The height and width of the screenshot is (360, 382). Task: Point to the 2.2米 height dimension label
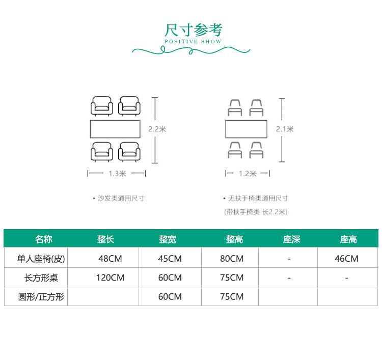tap(157, 129)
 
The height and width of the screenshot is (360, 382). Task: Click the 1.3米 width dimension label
tap(117, 174)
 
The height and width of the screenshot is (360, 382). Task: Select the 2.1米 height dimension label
tap(285, 129)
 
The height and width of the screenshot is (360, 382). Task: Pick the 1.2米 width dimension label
tap(248, 174)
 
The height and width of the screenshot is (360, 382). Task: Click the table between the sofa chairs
tap(115, 129)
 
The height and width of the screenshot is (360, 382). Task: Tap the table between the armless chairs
tap(247, 129)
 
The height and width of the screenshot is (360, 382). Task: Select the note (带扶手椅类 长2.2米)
tap(256, 212)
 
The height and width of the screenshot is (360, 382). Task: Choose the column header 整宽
tap(168, 239)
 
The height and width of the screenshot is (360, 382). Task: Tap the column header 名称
tap(44, 239)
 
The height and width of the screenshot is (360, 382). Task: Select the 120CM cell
tap(110, 278)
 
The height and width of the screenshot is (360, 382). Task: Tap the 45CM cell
tap(170, 259)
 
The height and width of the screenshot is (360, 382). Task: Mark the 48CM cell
tap(110, 259)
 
